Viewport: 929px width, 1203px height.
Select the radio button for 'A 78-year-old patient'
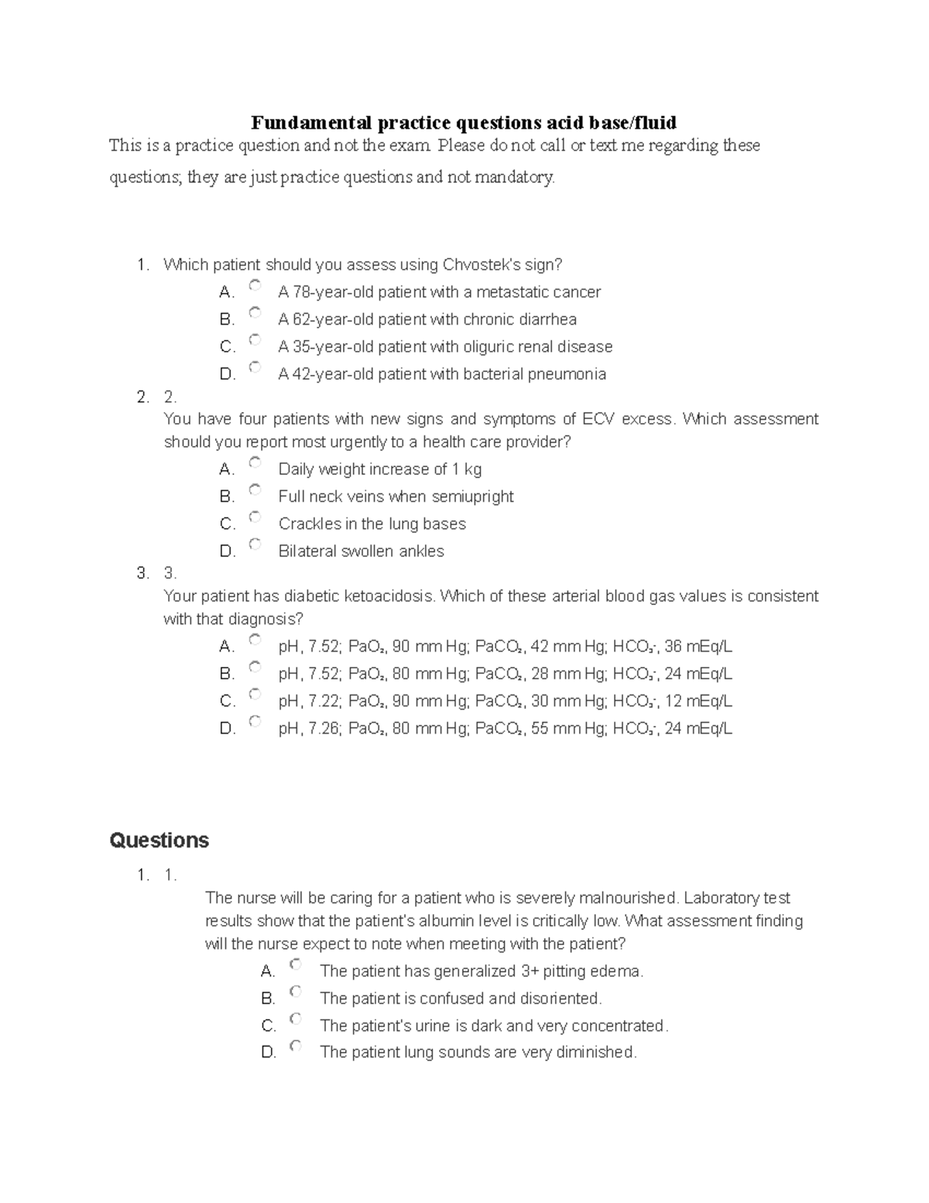255,286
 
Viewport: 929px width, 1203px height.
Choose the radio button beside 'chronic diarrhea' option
255,313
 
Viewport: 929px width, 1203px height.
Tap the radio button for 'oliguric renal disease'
255,340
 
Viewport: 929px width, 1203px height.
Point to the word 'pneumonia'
568,374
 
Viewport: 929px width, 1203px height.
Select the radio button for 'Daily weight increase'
255,463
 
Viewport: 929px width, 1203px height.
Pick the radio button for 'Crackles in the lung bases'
255,517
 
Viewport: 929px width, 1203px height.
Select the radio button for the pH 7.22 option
255,695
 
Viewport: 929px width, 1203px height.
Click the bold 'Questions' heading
159,840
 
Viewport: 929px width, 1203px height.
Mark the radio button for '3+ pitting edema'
296,965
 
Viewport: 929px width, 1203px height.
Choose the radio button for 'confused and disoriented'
296,992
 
